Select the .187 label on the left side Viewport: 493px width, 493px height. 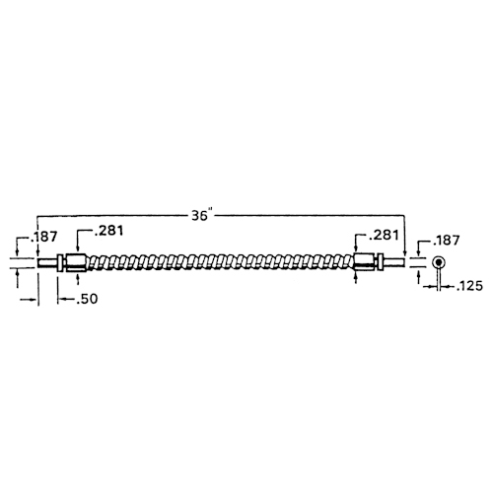coord(44,237)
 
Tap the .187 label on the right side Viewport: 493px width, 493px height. coord(446,241)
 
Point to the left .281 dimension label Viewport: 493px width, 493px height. coord(108,231)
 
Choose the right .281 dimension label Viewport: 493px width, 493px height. coord(384,235)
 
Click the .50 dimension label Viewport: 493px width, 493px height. coord(87,299)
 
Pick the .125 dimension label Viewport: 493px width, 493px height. coord(469,286)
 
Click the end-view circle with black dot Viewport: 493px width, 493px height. coord(438,262)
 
